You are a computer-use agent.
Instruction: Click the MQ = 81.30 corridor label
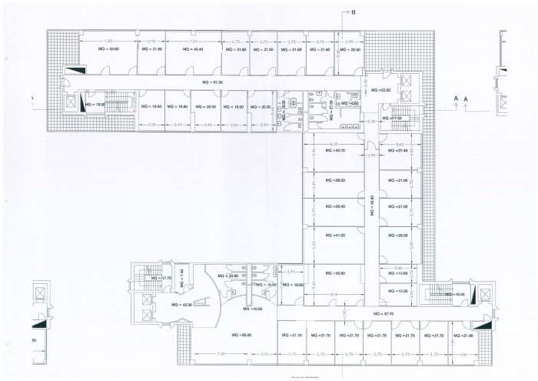coord(212,82)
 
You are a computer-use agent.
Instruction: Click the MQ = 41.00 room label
coord(335,235)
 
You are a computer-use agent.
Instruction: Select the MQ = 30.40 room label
coord(335,207)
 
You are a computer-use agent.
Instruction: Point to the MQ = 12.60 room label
coord(397,273)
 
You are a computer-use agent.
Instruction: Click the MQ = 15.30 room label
coord(397,290)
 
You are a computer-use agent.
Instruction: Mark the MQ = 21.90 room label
coord(463,336)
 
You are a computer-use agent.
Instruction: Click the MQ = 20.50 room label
coord(207,106)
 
